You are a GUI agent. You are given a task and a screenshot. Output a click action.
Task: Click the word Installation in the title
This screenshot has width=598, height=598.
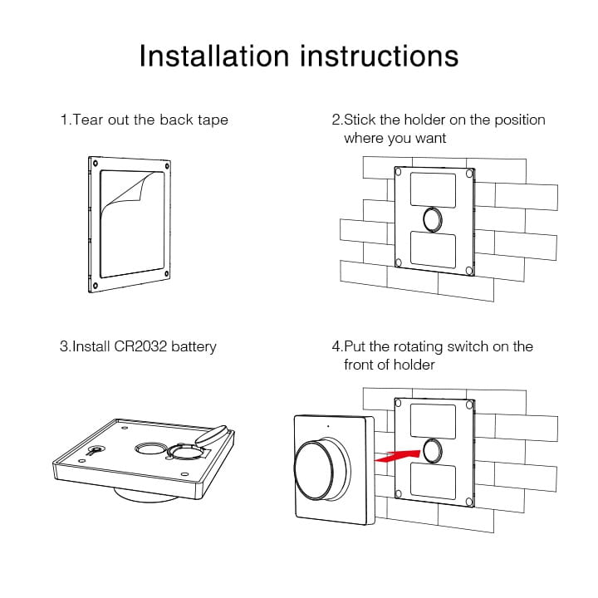pos(214,56)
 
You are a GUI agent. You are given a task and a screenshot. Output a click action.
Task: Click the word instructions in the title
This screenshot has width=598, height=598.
pos(380,56)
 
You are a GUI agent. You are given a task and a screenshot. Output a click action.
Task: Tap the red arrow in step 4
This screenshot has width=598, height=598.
pos(397,456)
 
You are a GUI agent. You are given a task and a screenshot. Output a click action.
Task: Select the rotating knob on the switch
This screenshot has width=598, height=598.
pos(321,470)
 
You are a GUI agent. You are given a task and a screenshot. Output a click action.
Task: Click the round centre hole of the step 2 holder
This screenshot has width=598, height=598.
pos(433,219)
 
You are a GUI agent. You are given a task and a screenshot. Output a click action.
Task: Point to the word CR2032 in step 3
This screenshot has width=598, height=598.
pos(140,346)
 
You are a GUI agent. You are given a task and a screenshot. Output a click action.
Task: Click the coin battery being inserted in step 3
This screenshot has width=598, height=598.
pos(211,435)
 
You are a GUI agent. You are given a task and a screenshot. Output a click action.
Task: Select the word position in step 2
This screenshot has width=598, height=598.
pos(520,120)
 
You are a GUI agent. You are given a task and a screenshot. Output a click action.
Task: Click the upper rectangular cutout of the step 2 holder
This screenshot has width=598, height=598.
pos(433,190)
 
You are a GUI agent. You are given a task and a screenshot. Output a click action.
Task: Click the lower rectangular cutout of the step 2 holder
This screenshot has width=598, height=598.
pos(433,250)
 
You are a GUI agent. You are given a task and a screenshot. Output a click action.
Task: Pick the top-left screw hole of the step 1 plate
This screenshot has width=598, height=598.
pos(96,164)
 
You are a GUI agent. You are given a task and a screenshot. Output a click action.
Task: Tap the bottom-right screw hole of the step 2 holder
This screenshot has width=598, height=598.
pos(469,271)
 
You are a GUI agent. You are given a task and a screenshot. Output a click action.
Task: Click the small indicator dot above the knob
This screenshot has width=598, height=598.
pos(328,426)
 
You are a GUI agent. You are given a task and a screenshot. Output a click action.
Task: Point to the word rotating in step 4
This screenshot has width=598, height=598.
pos(418,347)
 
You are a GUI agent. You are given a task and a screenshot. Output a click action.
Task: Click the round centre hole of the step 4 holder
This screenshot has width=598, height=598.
pos(433,450)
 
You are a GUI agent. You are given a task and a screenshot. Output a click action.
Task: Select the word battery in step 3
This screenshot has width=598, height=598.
pos(194,346)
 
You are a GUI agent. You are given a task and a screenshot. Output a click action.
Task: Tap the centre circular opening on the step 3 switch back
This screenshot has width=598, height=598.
pos(150,448)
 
